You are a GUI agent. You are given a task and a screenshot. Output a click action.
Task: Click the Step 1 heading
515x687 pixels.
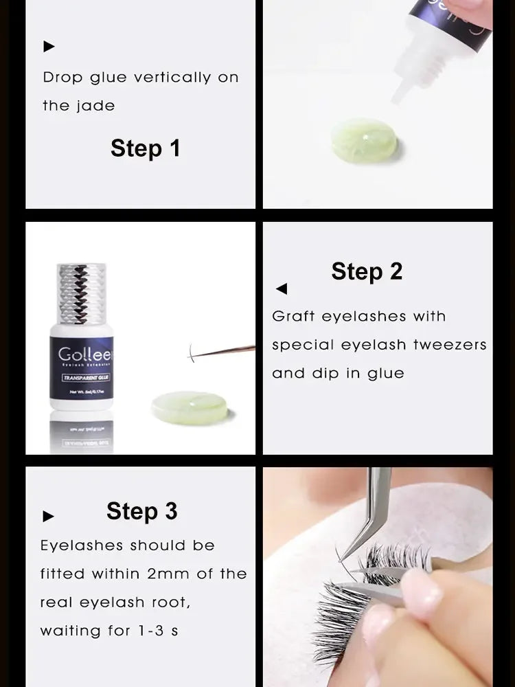(x=145, y=148)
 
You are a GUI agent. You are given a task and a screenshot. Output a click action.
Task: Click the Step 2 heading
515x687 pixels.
(x=367, y=271)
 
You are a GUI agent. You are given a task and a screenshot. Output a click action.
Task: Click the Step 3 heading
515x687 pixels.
(x=141, y=511)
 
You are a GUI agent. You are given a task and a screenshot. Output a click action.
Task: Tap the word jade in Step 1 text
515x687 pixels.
(x=96, y=106)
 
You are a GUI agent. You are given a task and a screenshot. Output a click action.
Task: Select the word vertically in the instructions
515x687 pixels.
(x=172, y=78)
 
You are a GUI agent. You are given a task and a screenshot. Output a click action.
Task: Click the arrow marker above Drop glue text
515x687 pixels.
(x=49, y=47)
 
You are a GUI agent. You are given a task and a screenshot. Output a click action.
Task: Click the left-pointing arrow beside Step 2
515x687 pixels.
(x=282, y=289)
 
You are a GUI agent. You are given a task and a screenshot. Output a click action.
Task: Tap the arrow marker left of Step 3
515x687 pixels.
(x=49, y=516)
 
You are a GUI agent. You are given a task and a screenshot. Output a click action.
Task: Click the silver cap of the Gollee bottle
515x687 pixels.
(x=82, y=293)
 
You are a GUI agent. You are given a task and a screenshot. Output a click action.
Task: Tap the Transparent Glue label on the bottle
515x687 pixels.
(x=82, y=378)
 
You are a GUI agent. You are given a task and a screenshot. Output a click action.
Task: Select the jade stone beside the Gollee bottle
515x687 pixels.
(x=190, y=407)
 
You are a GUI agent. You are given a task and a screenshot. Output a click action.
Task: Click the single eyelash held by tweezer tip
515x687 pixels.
(x=192, y=354)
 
